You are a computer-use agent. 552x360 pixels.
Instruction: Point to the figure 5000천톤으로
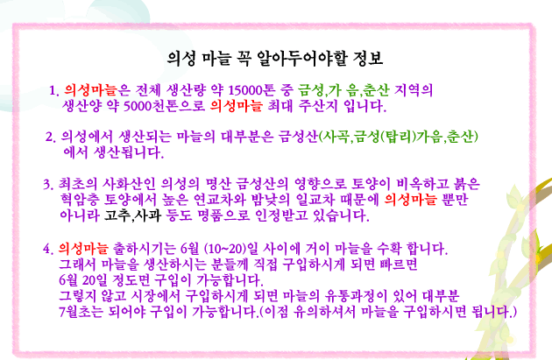tap(165, 106)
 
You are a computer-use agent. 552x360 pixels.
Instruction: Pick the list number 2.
tap(50, 137)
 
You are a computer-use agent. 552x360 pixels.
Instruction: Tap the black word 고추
tap(117, 215)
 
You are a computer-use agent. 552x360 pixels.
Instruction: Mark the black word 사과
tap(148, 215)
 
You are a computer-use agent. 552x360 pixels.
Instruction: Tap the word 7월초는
tap(81, 312)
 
